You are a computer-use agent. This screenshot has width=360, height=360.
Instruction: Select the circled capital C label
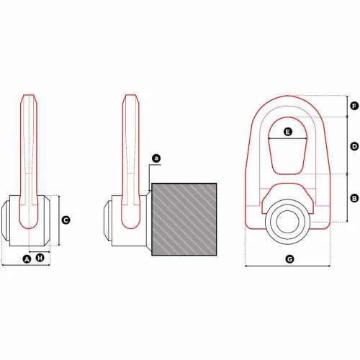click(x=66, y=220)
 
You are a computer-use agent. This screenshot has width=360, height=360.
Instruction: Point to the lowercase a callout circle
click(x=157, y=157)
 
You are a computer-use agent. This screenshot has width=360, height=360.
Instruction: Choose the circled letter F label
click(x=354, y=106)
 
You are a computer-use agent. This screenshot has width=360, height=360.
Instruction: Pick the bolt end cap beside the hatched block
click(x=108, y=220)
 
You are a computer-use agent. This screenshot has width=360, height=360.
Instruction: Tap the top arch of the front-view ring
click(x=288, y=99)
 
